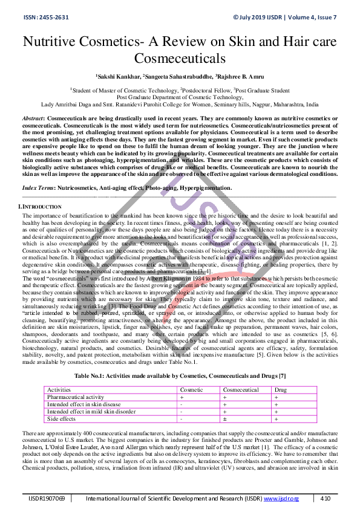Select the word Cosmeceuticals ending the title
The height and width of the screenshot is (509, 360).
[x=180, y=59]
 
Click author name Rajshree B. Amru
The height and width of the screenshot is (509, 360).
[x=242, y=77]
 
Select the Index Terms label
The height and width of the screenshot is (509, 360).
[x=38, y=189]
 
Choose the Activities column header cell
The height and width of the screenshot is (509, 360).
[x=59, y=390]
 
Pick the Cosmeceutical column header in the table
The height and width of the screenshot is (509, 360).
[x=241, y=390]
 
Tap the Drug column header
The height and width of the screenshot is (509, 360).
[x=281, y=390]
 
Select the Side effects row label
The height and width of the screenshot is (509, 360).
[x=62, y=418]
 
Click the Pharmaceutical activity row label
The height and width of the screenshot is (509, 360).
[x=75, y=397]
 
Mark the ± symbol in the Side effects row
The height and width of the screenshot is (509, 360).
[x=225, y=418]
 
